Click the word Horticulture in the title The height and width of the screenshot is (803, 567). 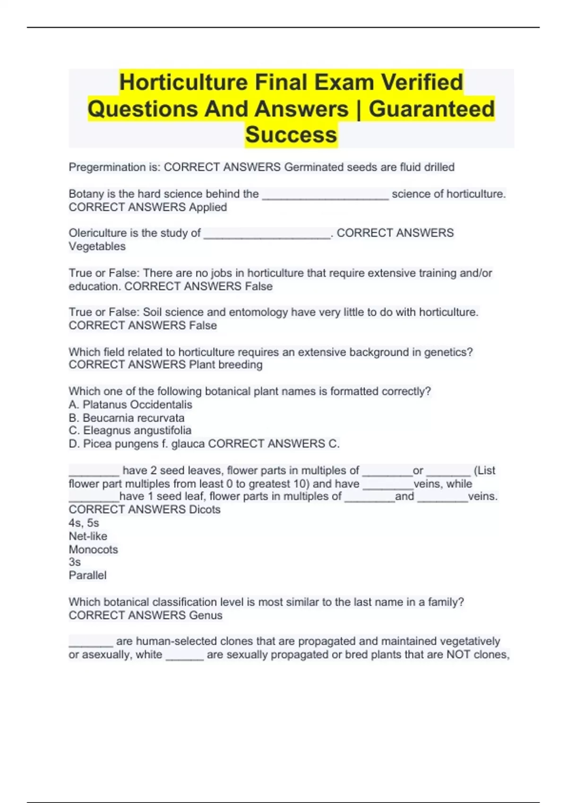(x=183, y=82)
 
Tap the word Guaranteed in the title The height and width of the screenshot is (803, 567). (x=431, y=109)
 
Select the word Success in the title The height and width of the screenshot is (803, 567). (x=291, y=135)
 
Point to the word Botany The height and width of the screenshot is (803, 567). (x=86, y=194)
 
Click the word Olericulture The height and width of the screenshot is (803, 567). (x=98, y=233)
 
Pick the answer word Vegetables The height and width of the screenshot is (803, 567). (x=97, y=247)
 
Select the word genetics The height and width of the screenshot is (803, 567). (x=448, y=352)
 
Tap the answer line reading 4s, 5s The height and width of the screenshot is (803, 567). (x=84, y=523)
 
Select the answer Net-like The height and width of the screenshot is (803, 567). (x=88, y=536)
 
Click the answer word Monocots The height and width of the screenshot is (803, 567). (x=93, y=549)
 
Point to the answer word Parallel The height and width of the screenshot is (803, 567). (x=87, y=575)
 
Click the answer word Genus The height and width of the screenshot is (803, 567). (x=206, y=615)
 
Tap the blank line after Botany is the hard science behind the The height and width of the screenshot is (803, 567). (x=325, y=196)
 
